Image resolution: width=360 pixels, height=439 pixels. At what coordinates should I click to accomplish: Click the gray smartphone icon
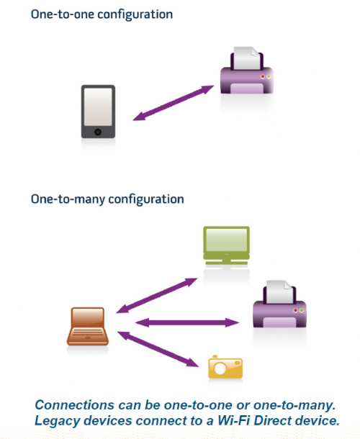pyautogui.click(x=98, y=112)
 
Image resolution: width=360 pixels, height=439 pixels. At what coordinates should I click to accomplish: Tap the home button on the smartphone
pyautogui.click(x=98, y=132)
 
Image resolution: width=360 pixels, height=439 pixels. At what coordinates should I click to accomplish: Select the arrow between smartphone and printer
pyautogui.click(x=173, y=103)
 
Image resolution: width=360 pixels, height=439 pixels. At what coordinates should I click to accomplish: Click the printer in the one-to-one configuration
pyautogui.click(x=247, y=71)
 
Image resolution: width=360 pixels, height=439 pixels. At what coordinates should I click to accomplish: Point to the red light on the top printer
pyautogui.click(x=263, y=76)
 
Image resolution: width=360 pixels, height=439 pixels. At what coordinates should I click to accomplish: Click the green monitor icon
pyautogui.click(x=226, y=245)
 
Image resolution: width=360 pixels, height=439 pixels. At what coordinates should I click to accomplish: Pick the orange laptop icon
pyautogui.click(x=88, y=326)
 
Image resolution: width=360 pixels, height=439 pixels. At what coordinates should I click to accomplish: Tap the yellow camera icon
pyautogui.click(x=225, y=367)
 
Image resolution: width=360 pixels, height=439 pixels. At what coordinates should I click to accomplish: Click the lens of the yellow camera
pyautogui.click(x=220, y=368)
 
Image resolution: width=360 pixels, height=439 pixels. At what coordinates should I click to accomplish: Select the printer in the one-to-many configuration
pyautogui.click(x=279, y=304)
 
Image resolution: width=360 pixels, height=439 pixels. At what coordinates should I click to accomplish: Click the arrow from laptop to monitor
pyautogui.click(x=157, y=295)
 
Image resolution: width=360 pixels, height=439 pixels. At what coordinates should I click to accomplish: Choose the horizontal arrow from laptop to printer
pyautogui.click(x=187, y=322)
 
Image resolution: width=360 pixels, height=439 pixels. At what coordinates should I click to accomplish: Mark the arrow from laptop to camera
pyautogui.click(x=158, y=349)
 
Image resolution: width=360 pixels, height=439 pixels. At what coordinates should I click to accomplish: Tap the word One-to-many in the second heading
pyautogui.click(x=68, y=199)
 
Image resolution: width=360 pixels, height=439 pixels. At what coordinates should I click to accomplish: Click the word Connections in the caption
pyautogui.click(x=75, y=405)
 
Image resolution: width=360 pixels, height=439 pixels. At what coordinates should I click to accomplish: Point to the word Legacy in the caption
pyautogui.click(x=57, y=421)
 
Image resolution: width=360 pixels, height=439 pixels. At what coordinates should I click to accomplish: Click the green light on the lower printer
pyautogui.click(x=302, y=310)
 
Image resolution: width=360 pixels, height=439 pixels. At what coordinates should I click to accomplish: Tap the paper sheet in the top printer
pyautogui.click(x=246, y=58)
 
